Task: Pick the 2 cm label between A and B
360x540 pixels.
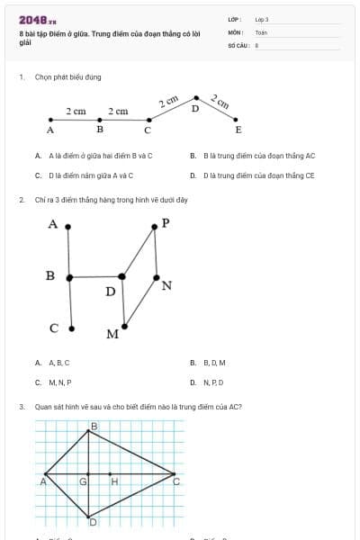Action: pyautogui.click(x=76, y=111)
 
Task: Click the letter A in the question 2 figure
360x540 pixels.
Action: pyautogui.click(x=54, y=223)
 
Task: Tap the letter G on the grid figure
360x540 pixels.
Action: pyautogui.click(x=83, y=481)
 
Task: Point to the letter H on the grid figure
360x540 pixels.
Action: pyautogui.click(x=114, y=481)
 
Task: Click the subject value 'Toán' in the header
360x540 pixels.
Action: pyautogui.click(x=261, y=31)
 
